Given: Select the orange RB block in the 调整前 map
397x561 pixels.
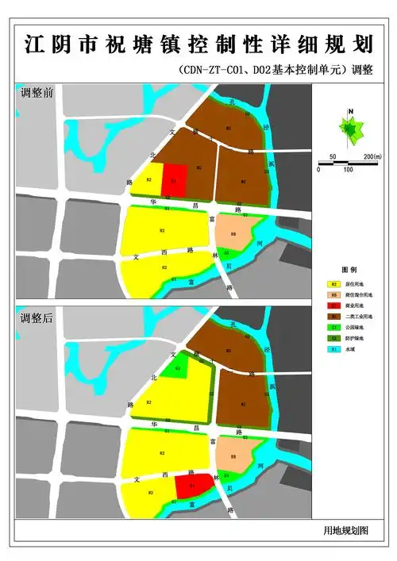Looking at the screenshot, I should [x=233, y=233].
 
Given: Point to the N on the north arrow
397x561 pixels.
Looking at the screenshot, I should [x=349, y=113].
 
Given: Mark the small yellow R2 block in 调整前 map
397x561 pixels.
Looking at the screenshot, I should [x=148, y=181].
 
